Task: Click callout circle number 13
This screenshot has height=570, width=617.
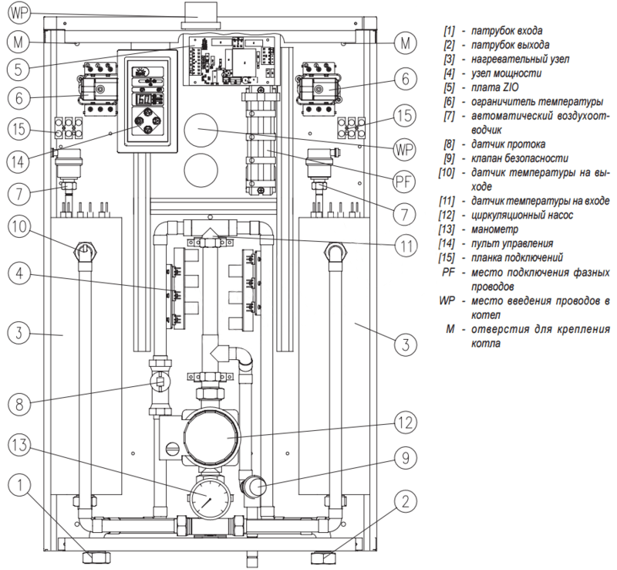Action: pyautogui.click(x=19, y=446)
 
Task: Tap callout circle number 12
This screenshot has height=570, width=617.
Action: pyautogui.click(x=406, y=422)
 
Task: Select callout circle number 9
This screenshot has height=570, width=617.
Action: pyautogui.click(x=406, y=458)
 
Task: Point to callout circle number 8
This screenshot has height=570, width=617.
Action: pyautogui.click(x=19, y=404)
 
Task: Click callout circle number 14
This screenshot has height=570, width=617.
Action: pyautogui.click(x=18, y=161)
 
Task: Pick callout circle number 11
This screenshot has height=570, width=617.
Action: pyautogui.click(x=406, y=245)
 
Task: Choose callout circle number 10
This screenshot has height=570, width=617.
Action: pyautogui.click(x=19, y=226)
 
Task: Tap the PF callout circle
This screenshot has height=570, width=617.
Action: pyautogui.click(x=404, y=182)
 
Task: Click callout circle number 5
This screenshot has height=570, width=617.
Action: pyautogui.click(x=18, y=69)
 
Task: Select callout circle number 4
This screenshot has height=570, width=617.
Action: pyautogui.click(x=19, y=273)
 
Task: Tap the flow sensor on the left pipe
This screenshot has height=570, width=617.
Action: pyautogui.click(x=160, y=382)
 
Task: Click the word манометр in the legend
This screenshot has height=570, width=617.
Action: pyautogui.click(x=494, y=229)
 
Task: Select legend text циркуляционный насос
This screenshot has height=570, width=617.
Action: pyautogui.click(x=522, y=215)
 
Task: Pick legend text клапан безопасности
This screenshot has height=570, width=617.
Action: pyautogui.click(x=519, y=158)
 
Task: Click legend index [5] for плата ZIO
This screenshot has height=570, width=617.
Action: pyautogui.click(x=449, y=87)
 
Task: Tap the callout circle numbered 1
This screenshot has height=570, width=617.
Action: pyautogui.click(x=19, y=486)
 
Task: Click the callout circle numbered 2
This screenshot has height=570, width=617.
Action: pyautogui.click(x=406, y=501)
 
